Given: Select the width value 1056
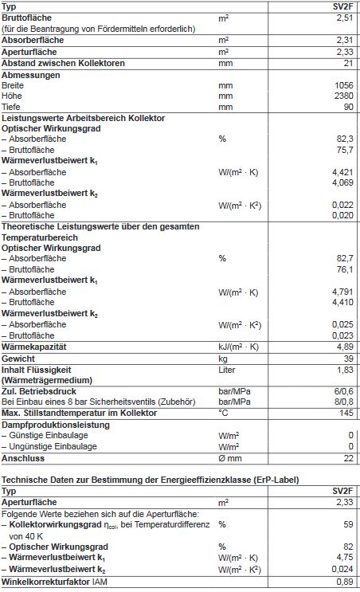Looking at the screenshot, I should (342, 84).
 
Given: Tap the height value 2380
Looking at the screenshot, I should (342, 95).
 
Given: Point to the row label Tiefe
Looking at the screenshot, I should (12, 106).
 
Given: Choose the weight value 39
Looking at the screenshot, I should (347, 359).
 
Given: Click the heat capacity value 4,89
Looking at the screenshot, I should (344, 347).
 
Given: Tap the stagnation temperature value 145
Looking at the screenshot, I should (345, 413).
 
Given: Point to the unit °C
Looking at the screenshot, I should (223, 413).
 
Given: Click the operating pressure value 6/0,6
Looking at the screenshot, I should (342, 391).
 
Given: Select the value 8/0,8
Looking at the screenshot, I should (342, 402).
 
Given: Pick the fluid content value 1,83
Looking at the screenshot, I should (344, 370).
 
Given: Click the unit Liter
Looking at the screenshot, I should (228, 370).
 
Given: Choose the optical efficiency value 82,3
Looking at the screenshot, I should (344, 138).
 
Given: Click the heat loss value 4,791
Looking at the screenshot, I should (342, 292).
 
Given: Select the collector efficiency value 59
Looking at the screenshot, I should (347, 525).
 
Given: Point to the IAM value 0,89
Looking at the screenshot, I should (344, 582).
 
